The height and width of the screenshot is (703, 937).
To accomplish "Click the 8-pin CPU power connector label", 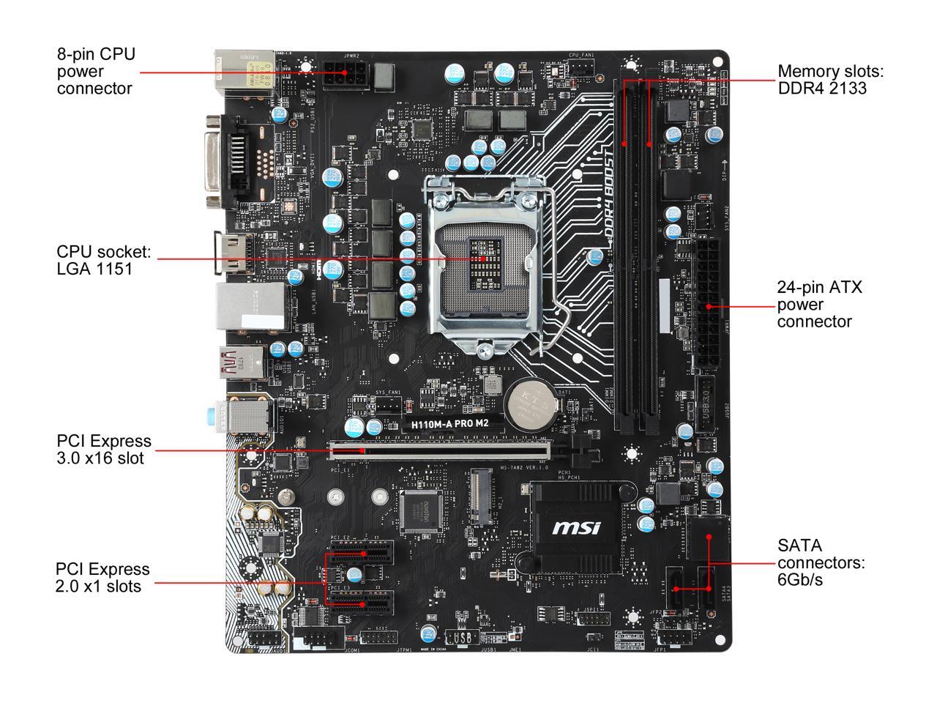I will coord(96,71).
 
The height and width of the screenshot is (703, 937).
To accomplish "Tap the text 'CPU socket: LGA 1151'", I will coord(103,261).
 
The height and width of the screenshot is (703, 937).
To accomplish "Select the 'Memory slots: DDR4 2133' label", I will coord(831,80).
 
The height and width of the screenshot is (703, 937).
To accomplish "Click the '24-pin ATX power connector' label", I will coord(819,304).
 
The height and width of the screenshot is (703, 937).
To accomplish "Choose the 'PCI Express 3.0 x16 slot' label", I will coord(104,450).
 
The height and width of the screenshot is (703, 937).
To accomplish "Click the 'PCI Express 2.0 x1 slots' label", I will coord(102,577).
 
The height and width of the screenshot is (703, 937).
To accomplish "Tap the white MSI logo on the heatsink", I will coord(576,527).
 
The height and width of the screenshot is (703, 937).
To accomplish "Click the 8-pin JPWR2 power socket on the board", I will coord(343,74).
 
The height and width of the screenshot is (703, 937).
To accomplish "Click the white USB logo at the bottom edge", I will coord(462,639).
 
